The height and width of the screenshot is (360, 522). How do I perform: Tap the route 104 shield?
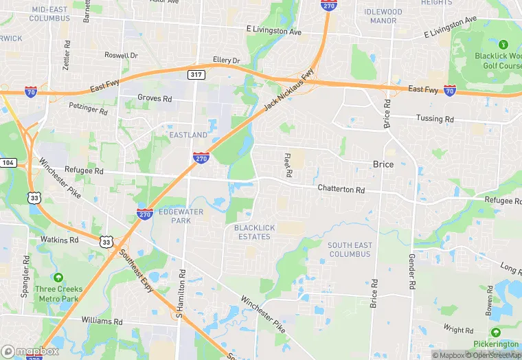pyautogui.click(x=8, y=162)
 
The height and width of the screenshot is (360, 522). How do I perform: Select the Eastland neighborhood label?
pyautogui.click(x=188, y=135)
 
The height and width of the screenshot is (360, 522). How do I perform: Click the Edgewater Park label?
pyautogui.click(x=181, y=216)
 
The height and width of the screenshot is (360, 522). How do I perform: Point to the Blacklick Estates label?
pyautogui.click(x=252, y=232)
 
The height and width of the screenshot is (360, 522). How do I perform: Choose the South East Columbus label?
pyautogui.click(x=349, y=249)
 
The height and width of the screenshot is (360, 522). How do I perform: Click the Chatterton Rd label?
pyautogui.click(x=341, y=188)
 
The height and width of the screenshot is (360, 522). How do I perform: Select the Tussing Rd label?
pyautogui.click(x=435, y=118)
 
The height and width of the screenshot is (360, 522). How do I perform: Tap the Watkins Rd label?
pyautogui.click(x=59, y=240)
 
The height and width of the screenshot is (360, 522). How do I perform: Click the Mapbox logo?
pyautogui.click(x=30, y=351)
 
